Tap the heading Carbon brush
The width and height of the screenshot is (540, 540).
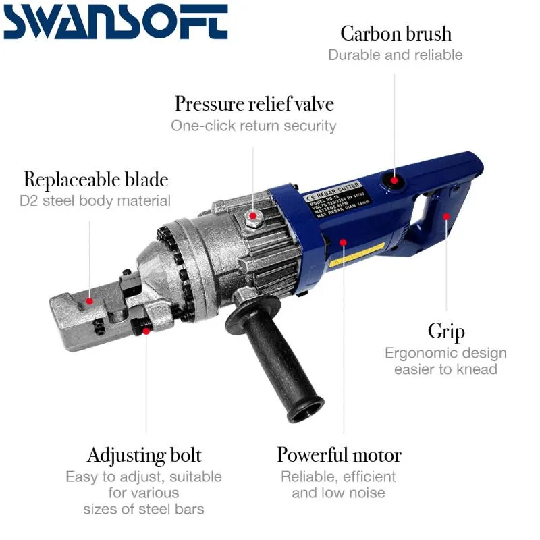tap(396, 33)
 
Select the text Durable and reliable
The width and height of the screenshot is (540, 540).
tap(396, 55)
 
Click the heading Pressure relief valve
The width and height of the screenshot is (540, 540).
tap(254, 104)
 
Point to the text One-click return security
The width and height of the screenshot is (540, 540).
tap(253, 126)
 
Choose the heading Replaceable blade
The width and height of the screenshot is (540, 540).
tap(96, 180)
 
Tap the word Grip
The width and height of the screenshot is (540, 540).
tap(446, 331)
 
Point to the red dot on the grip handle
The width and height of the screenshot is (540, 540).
tap(446, 217)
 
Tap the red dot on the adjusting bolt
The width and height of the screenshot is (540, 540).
tap(146, 331)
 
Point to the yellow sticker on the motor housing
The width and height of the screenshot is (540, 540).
tap(365, 256)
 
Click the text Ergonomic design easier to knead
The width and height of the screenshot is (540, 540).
tap(446, 361)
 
